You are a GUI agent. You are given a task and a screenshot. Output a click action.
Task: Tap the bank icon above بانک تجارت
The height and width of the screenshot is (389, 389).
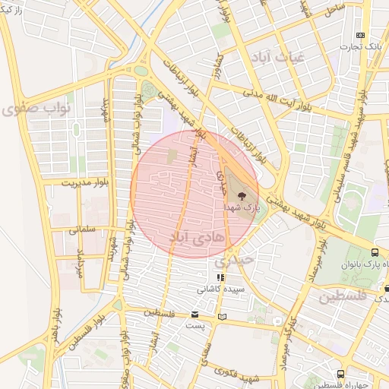pos(361,35)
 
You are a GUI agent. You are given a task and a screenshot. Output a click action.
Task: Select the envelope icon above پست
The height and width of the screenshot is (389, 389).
pos(196,314)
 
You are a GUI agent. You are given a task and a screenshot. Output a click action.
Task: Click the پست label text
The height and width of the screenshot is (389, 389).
pos(195,324)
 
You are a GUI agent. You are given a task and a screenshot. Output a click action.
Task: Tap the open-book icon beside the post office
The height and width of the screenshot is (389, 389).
pos(222,315)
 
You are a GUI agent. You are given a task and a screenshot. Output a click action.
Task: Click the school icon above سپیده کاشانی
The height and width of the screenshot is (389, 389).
pos(220,278)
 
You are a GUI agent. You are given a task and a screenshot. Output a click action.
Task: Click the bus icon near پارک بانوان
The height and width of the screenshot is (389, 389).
pos(375,252)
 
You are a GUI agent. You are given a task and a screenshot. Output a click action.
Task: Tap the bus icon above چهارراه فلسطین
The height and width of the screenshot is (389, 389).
pos(341,374)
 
